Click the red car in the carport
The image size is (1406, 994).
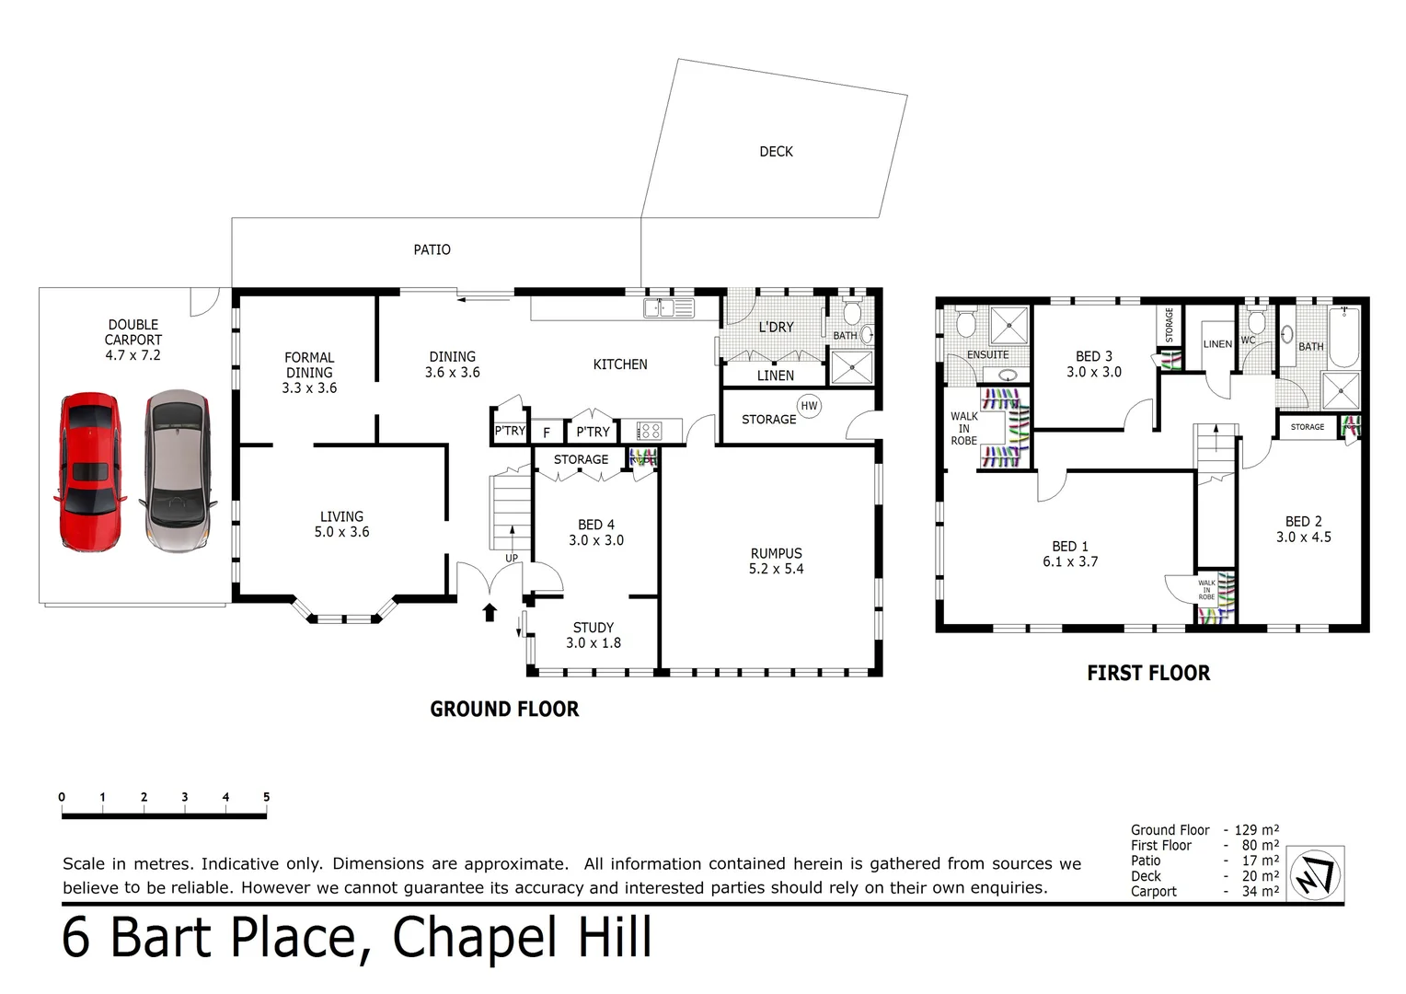click(x=89, y=471)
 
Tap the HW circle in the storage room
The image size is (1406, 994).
click(x=809, y=406)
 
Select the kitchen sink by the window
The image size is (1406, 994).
click(x=669, y=308)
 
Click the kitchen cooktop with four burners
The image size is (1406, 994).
click(x=649, y=431)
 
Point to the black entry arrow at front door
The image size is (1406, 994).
click(x=490, y=612)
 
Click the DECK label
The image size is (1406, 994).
click(x=776, y=152)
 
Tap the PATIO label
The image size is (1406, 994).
click(x=432, y=249)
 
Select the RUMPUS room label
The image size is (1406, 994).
click(x=776, y=553)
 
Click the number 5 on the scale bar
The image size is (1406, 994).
click(x=266, y=797)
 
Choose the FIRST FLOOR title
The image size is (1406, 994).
click(x=1148, y=673)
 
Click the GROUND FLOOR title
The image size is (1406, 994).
click(x=504, y=709)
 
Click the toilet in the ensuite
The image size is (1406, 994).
click(x=965, y=323)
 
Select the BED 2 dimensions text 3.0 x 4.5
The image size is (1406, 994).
click(x=1303, y=537)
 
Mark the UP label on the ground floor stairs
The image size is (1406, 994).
click(x=512, y=558)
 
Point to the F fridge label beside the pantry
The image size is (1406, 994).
click(x=547, y=432)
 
